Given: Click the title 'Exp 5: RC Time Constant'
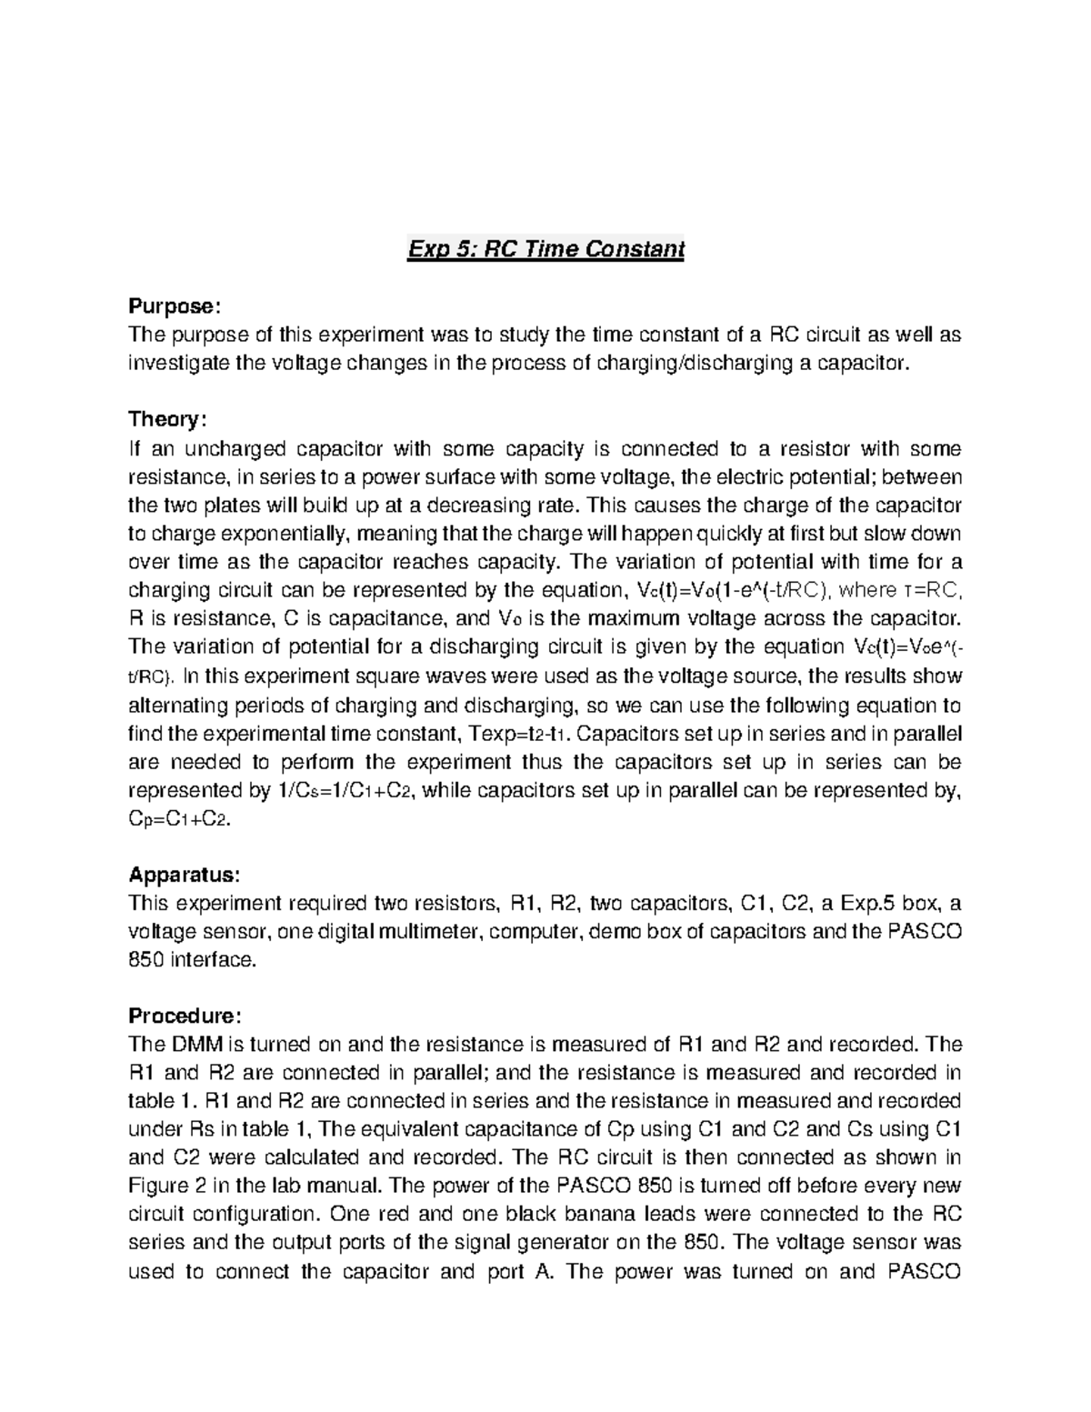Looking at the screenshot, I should (x=545, y=248).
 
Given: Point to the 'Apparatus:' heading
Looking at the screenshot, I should (x=185, y=875).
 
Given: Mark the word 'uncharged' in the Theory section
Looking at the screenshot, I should (x=239, y=448).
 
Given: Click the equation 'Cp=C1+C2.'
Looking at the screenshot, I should (x=181, y=818).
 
